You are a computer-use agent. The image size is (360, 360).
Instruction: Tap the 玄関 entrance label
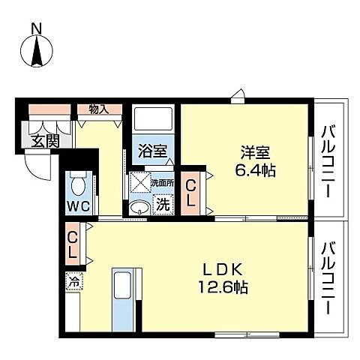(x=39, y=140)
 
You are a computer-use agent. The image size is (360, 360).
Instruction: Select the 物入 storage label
(x=99, y=109)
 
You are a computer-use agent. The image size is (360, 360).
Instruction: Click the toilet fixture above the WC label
(x=79, y=182)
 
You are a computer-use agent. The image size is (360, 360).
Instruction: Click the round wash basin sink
(x=139, y=206)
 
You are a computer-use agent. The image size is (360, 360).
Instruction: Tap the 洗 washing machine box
(x=161, y=202)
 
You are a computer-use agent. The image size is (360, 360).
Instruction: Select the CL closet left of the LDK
(x=73, y=244)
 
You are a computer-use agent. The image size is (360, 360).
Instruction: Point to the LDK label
(x=218, y=268)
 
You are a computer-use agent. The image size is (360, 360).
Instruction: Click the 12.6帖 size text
(x=222, y=286)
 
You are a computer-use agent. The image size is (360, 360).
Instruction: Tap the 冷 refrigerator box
(x=73, y=282)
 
